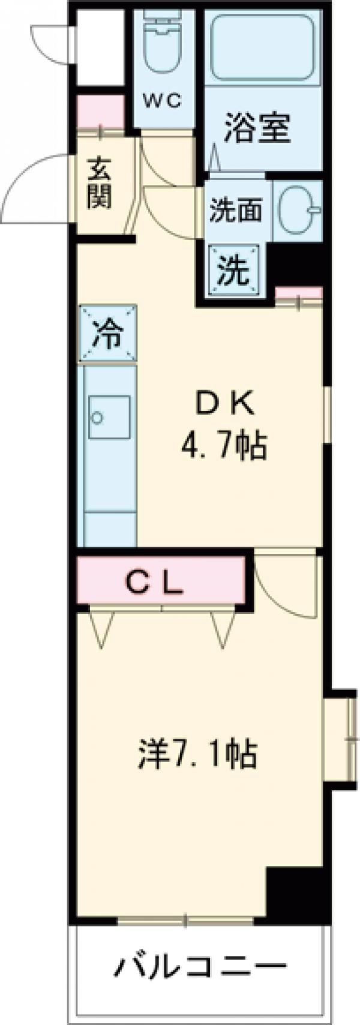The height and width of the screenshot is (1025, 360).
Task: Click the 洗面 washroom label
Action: (x=236, y=211)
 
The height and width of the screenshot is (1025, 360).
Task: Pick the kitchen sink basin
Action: (x=109, y=416)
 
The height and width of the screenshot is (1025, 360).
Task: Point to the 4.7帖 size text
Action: (x=224, y=446)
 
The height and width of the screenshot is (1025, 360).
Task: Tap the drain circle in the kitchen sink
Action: (x=97, y=417)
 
